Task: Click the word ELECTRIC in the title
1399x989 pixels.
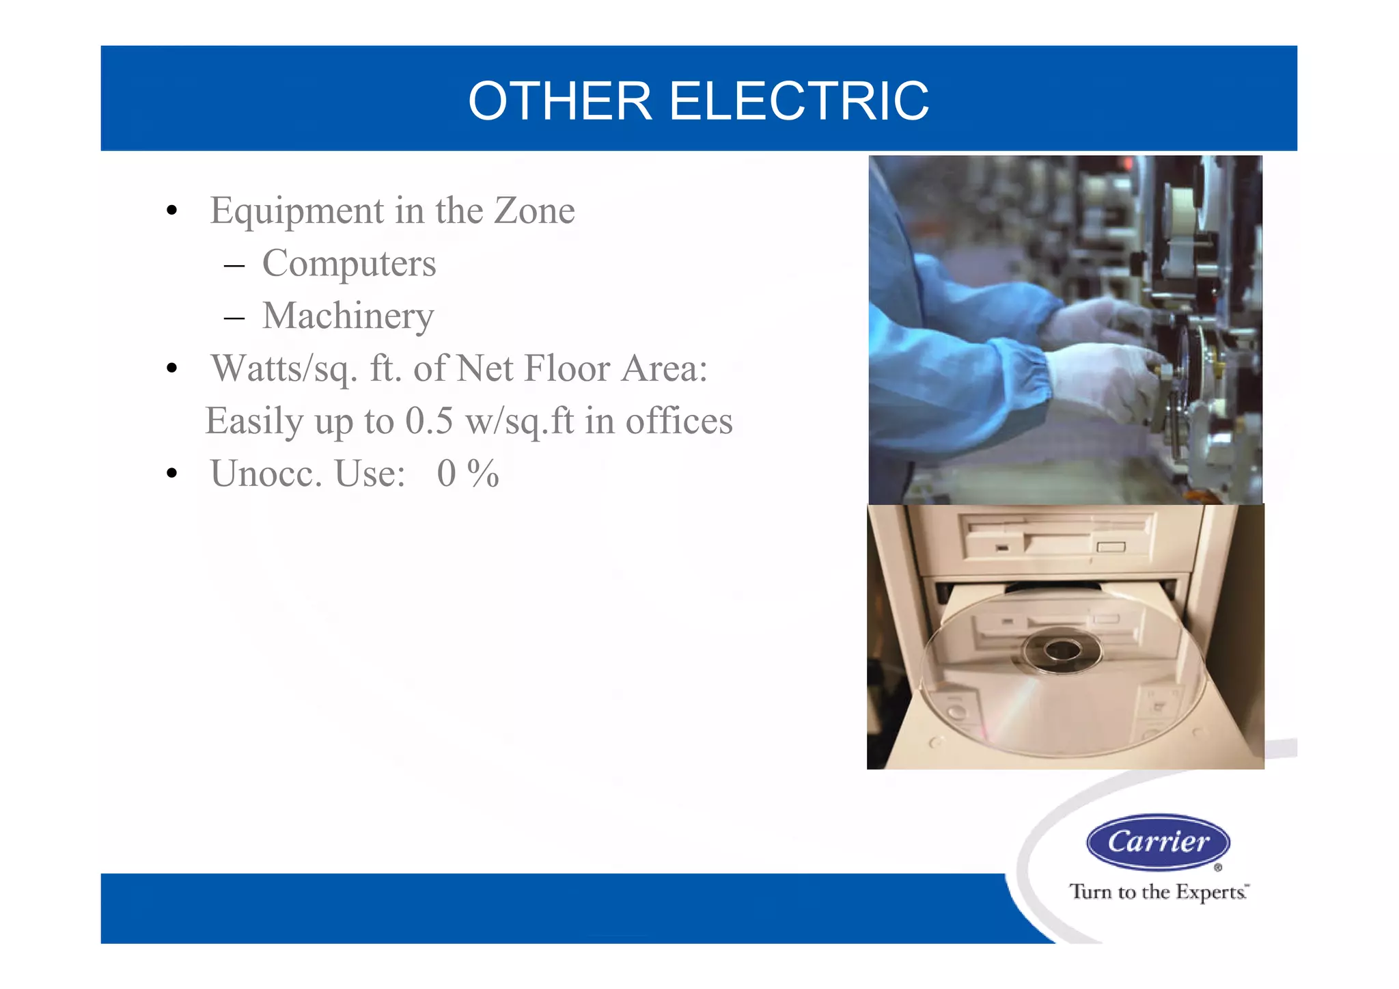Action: (799, 101)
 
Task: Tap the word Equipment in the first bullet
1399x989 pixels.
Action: (297, 211)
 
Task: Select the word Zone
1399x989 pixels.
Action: (534, 210)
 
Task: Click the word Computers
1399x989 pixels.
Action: (348, 264)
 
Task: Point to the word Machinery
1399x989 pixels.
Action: (348, 316)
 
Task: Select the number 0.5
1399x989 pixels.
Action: (429, 421)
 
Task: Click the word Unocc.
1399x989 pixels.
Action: (266, 474)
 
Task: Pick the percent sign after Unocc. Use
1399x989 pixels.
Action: (483, 474)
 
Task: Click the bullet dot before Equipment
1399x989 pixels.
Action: (172, 211)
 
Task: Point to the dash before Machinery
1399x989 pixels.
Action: (234, 318)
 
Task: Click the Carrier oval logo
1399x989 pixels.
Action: (1158, 842)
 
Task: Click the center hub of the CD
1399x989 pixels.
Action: (1062, 651)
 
